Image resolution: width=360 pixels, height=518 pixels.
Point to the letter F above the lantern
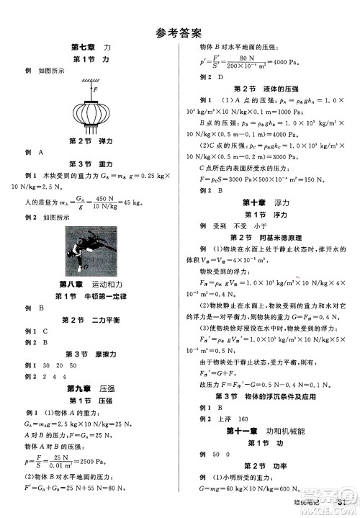click(x=96, y=89)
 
